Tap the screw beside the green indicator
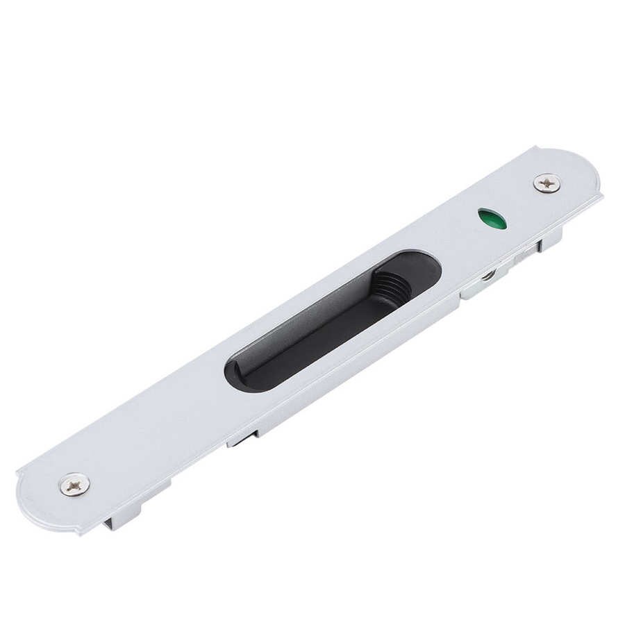coord(547,183)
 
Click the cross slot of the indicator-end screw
coord(547,183)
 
